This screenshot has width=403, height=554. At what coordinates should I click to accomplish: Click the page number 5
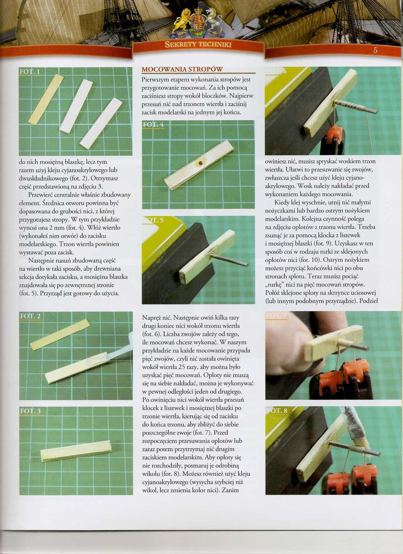375,50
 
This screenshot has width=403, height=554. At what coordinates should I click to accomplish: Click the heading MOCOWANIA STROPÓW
182,69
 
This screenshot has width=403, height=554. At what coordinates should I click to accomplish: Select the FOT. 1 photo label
30,72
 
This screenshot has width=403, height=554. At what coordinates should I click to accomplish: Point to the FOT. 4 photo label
153,125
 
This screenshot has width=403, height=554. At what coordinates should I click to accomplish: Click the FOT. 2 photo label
30,316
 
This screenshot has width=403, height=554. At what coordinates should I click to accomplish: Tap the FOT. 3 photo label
30,411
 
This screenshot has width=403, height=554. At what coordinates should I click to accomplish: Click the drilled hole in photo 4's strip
200,163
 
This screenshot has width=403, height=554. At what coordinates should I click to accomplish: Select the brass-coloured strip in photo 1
46,99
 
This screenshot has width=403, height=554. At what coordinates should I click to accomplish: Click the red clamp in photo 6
336,136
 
